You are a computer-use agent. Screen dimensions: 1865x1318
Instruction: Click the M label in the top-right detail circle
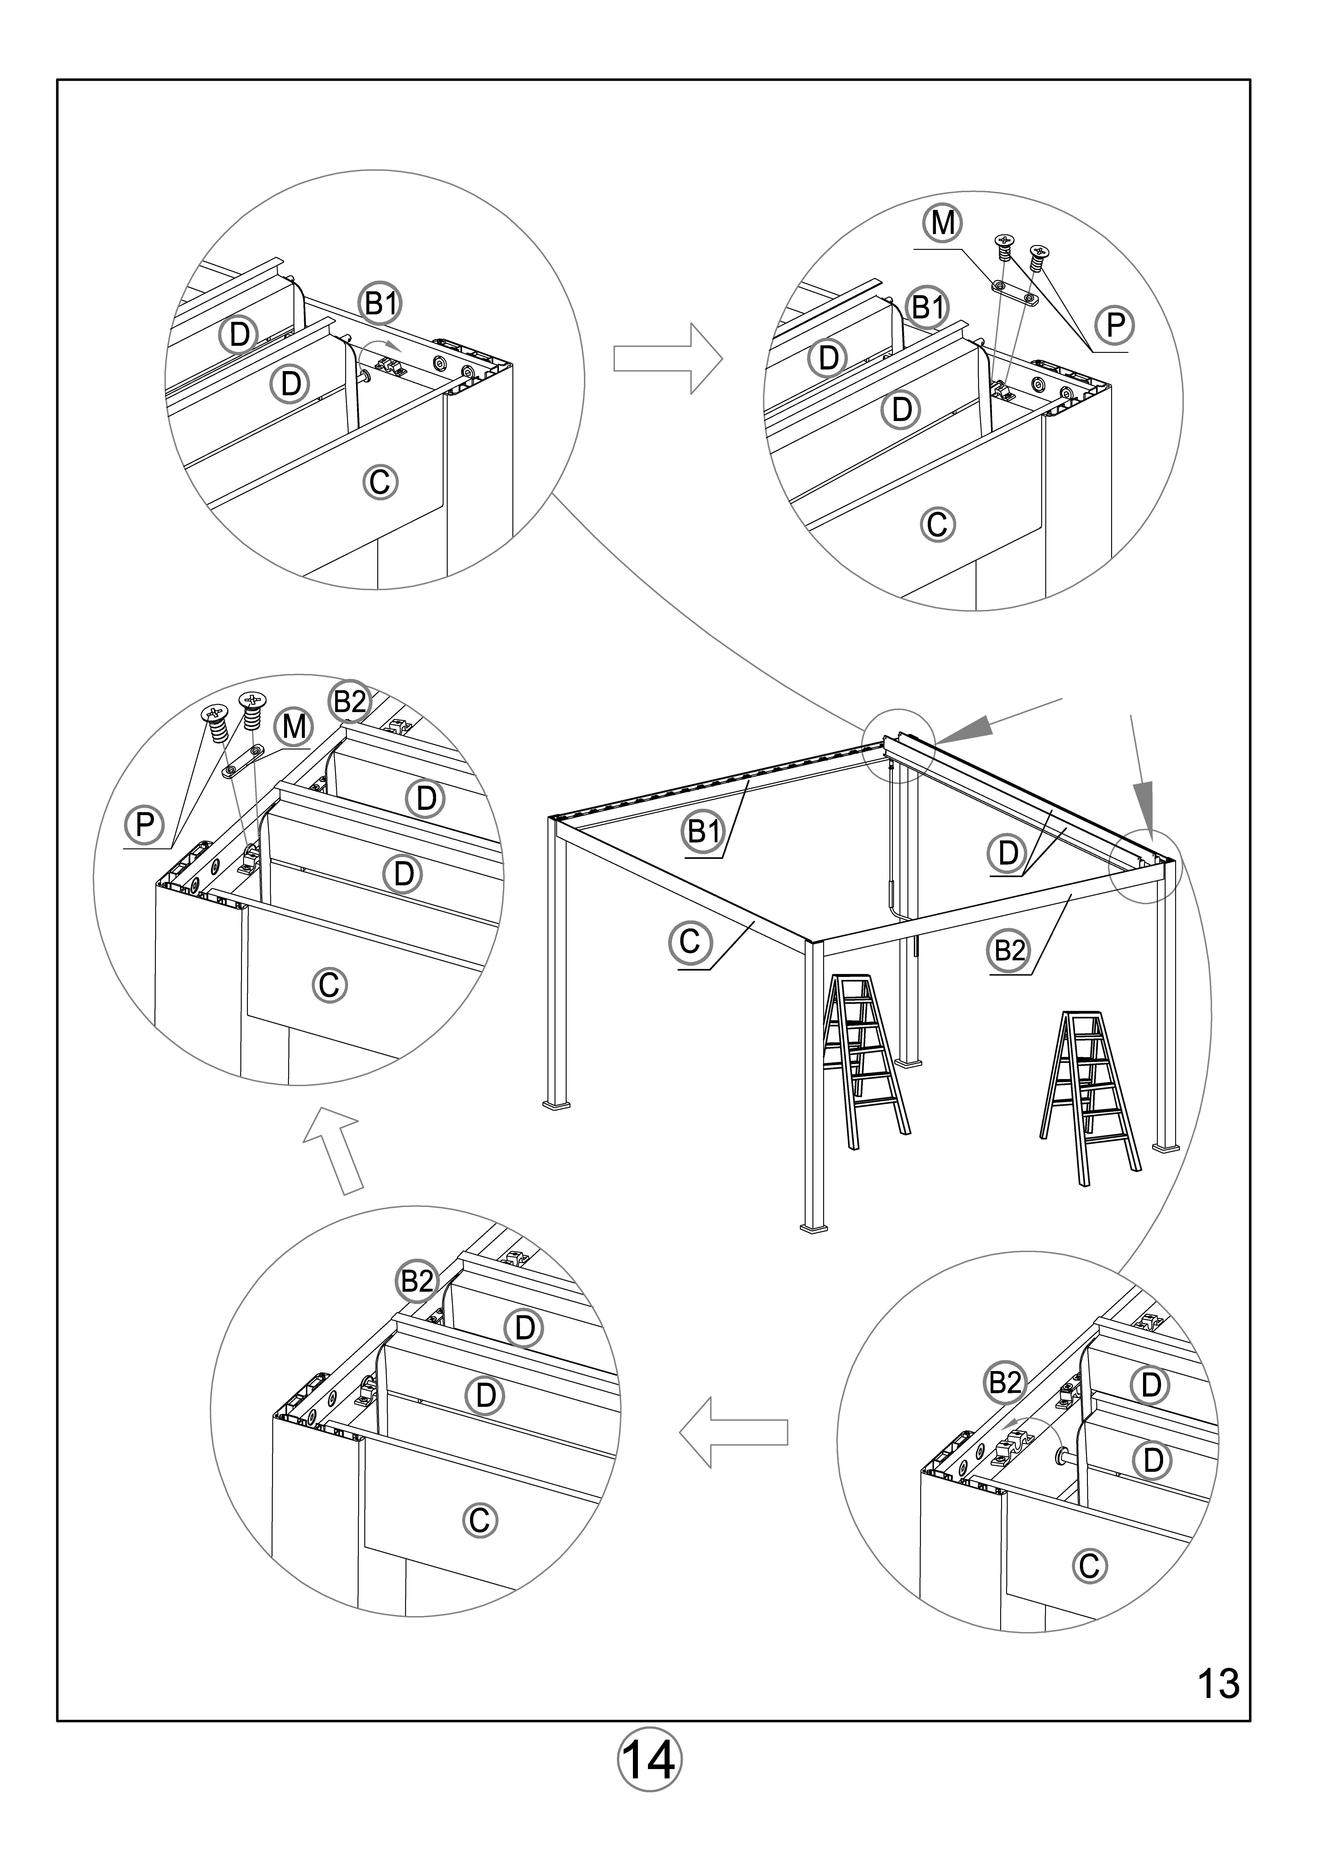pos(943,222)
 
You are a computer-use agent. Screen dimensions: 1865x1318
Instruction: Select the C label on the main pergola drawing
pos(689,941)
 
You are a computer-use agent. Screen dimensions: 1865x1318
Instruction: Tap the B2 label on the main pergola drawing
pos(1010,950)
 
